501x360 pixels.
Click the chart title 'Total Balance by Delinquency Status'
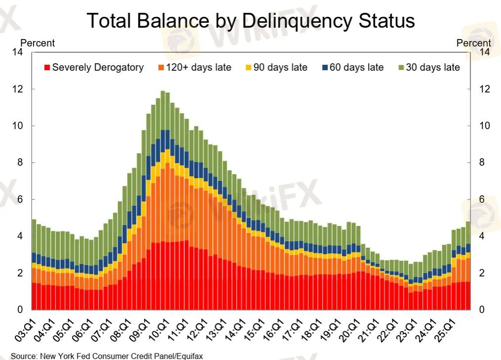(250, 21)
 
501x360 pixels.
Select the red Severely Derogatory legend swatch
(47, 68)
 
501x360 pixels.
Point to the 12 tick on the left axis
(19, 90)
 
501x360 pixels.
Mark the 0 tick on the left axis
(21, 310)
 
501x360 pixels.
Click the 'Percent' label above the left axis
(37, 43)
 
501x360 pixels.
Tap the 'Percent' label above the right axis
(473, 43)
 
